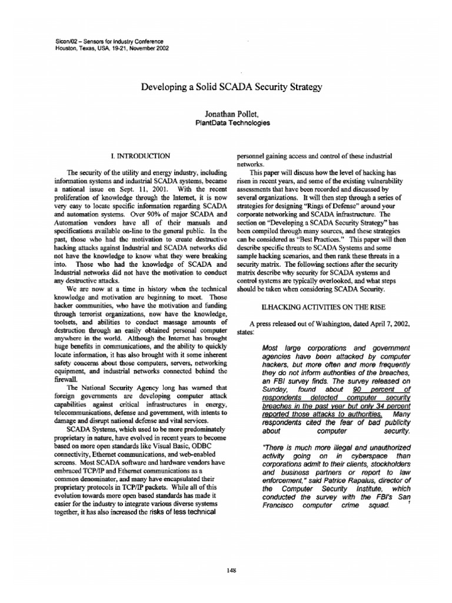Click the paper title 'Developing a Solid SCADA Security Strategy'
coord(232,87)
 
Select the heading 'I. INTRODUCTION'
coord(141,155)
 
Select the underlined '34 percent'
coord(387,406)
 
